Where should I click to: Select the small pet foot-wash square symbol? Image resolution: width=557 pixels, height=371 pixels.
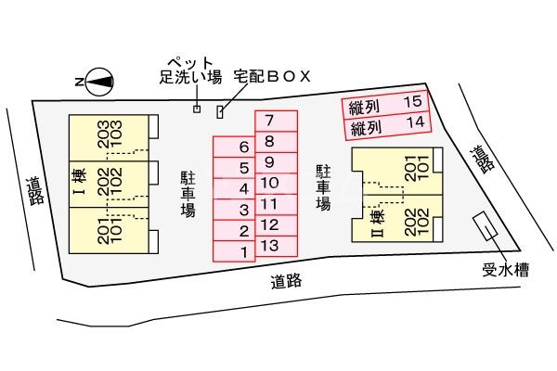click(x=197, y=109)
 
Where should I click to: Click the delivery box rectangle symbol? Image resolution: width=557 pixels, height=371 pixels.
click(x=220, y=112)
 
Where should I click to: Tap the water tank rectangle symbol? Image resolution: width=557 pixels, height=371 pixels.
click(x=486, y=227)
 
